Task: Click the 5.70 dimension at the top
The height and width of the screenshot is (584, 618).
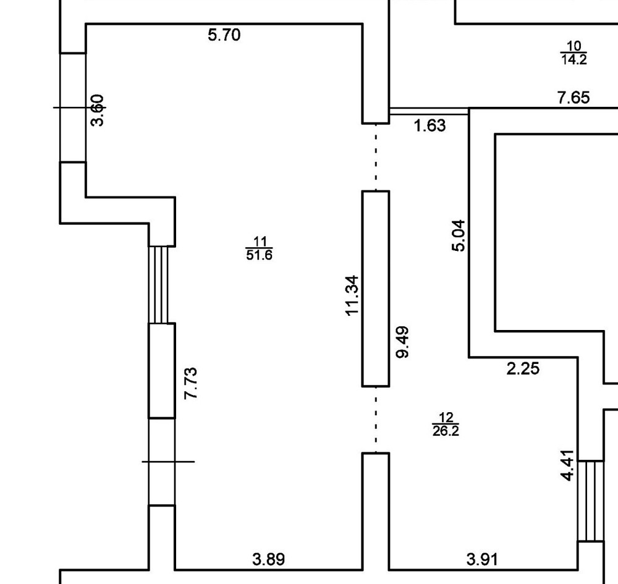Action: [x=224, y=35]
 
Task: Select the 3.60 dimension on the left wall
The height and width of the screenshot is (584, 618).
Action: [x=98, y=110]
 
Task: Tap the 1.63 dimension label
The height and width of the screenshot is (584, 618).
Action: [x=430, y=125]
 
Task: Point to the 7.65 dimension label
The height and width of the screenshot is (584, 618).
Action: [x=574, y=97]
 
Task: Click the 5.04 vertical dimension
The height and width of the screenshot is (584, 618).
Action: [x=459, y=235]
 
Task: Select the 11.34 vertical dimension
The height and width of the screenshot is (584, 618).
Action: [x=352, y=295]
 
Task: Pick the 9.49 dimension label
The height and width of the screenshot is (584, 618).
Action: [x=402, y=342]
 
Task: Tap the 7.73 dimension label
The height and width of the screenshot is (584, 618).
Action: [x=191, y=383]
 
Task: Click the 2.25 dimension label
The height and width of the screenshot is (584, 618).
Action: [x=523, y=369]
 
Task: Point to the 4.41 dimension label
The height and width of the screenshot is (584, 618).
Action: [x=569, y=465]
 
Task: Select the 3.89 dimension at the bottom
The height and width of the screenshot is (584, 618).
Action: [x=269, y=560]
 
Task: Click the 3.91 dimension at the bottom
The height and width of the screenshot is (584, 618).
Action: [x=481, y=560]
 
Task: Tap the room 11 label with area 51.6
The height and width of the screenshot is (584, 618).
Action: [x=259, y=248]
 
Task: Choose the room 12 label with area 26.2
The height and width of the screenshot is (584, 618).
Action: [x=446, y=425]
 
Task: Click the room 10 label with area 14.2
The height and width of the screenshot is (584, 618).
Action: [x=574, y=53]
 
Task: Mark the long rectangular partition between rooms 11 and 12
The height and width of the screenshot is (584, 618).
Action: [x=376, y=289]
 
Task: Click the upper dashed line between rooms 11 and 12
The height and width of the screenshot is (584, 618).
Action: [x=376, y=157]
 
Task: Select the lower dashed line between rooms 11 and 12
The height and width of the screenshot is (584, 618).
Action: [x=376, y=419]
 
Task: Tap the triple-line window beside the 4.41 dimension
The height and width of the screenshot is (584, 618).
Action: [x=590, y=501]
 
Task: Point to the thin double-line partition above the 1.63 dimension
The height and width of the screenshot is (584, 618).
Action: [x=429, y=111]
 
